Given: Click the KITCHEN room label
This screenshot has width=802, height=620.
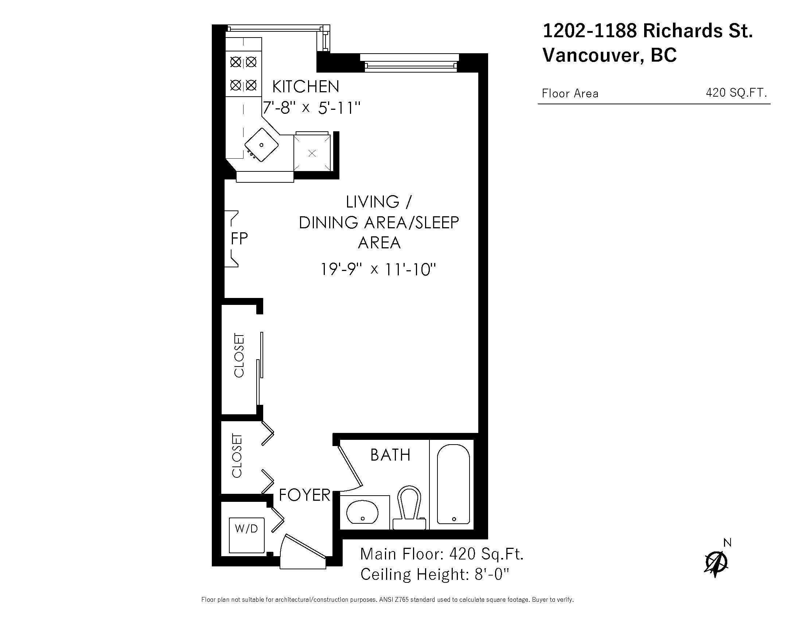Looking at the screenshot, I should (x=305, y=87).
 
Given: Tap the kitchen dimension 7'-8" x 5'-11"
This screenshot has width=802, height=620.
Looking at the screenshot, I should (x=311, y=108).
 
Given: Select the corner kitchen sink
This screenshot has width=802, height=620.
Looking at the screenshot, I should (x=261, y=145).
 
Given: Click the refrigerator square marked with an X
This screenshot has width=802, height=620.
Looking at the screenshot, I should (x=312, y=153).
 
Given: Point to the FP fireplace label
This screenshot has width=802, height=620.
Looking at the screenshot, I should (x=239, y=239).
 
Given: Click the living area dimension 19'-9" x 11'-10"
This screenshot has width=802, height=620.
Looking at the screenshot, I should (x=378, y=269).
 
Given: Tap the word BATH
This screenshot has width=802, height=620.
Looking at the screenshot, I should (x=390, y=455).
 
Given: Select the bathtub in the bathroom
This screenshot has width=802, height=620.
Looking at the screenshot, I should (x=453, y=484).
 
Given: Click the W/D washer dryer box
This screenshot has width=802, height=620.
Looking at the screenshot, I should (x=246, y=534).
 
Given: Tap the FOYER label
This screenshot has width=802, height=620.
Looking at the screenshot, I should (x=305, y=495).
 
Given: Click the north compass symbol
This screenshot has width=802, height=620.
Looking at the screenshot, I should (x=716, y=562).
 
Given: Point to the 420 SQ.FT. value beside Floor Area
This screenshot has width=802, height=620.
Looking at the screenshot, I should (x=736, y=93).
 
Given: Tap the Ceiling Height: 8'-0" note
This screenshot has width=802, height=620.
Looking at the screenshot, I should (x=435, y=574).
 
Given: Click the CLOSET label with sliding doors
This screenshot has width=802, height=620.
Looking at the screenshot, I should (x=239, y=355).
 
